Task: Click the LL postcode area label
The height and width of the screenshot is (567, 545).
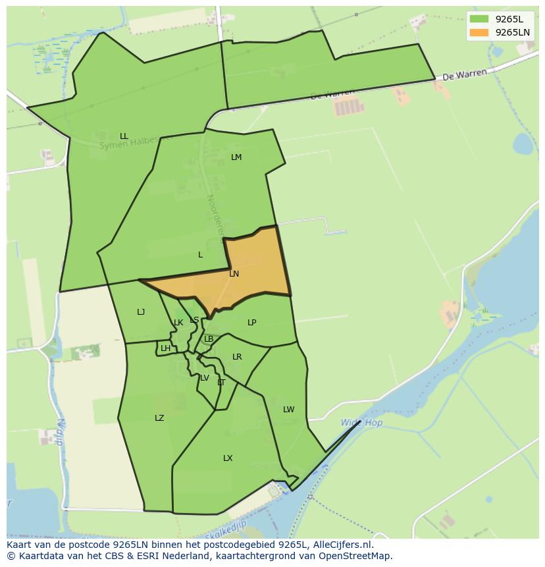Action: [124, 136]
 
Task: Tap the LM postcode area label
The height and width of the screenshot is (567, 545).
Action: [236, 157]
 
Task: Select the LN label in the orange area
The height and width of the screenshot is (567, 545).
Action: [234, 274]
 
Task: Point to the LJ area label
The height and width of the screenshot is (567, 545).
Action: [141, 312]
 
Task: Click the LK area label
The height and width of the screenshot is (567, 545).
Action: [178, 323]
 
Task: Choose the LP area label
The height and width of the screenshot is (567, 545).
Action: [251, 323]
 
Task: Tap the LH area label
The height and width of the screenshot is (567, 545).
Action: [165, 348]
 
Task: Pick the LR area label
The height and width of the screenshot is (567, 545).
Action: [237, 357]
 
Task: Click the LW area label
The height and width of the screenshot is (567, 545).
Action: [288, 410]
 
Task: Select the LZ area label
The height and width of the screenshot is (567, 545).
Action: [159, 418]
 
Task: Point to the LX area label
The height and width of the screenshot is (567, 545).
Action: [228, 458]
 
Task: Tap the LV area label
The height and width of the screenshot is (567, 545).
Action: [205, 378]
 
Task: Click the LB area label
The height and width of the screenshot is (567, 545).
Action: [209, 339]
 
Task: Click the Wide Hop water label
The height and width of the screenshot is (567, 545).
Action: [361, 423]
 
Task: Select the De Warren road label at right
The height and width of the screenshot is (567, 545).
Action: [465, 75]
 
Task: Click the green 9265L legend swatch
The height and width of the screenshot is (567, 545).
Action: [479, 19]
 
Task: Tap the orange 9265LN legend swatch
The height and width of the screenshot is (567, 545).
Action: [479, 32]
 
